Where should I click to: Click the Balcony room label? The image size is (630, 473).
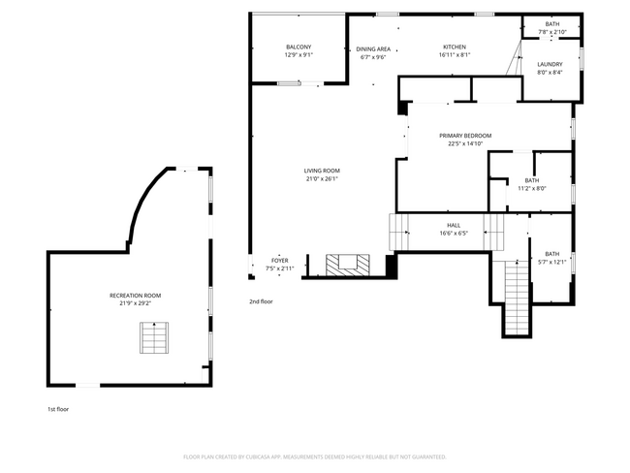click(x=298, y=47)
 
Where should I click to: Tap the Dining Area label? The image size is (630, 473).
click(x=373, y=48)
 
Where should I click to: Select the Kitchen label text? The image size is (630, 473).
click(x=455, y=47)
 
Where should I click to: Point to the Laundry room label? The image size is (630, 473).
click(x=550, y=64)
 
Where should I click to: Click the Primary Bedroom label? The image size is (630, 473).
click(x=464, y=136)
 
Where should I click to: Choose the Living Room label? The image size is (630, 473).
click(x=323, y=171)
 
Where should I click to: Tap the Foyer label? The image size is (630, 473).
click(x=279, y=260)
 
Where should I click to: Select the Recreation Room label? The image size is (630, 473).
click(x=135, y=295)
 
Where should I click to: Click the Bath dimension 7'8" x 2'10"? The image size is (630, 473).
click(x=551, y=32)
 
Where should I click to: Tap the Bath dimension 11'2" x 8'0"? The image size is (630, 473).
click(x=532, y=188)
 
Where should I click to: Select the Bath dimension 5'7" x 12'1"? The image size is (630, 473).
click(x=551, y=262)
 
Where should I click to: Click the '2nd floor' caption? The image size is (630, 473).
click(x=261, y=301)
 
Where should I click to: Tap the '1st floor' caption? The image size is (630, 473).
click(x=58, y=409)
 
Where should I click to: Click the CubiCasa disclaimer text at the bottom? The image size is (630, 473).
click(x=314, y=456)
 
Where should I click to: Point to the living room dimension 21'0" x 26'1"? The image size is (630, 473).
click(x=323, y=178)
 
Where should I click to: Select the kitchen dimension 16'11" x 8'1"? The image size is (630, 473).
click(x=455, y=55)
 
